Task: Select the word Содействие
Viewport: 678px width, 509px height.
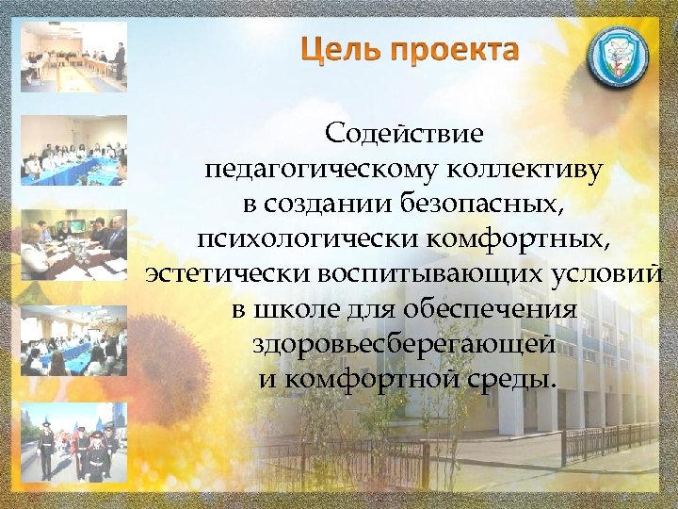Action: pos(404,135)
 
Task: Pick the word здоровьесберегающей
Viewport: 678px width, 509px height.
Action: pos(404,344)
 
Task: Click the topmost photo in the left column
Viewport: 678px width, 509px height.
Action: pos(73,57)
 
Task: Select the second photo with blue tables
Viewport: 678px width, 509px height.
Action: pos(73,151)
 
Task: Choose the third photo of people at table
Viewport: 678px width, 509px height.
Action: pos(73,245)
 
